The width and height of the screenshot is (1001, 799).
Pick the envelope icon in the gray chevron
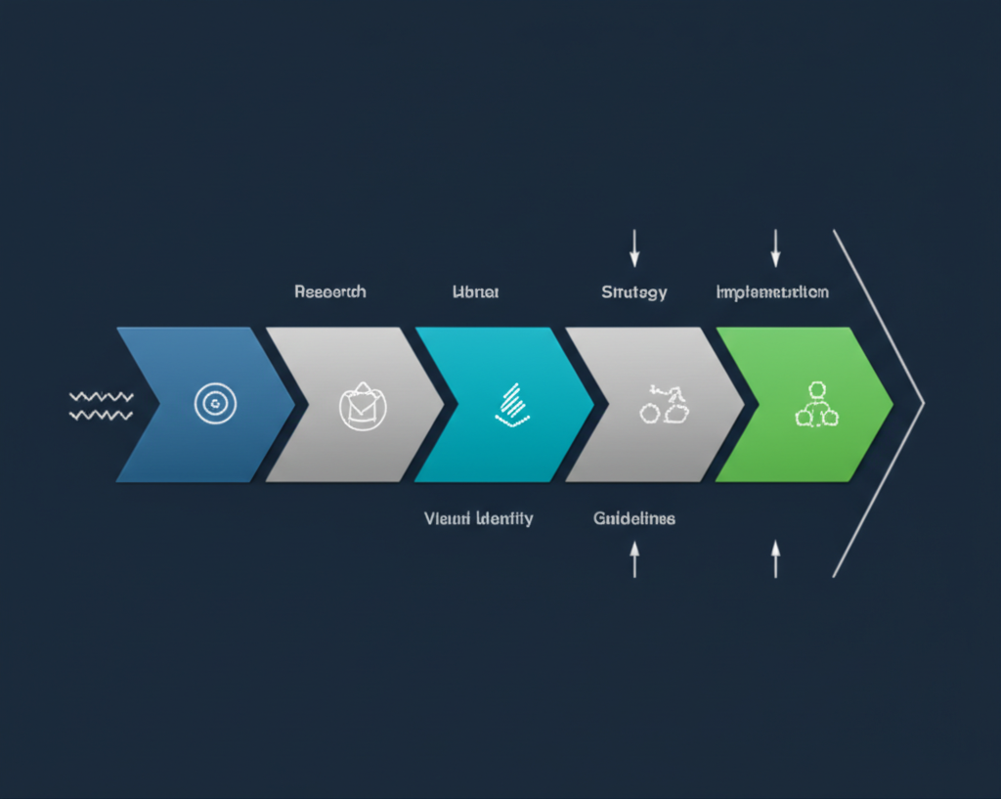[x=363, y=405]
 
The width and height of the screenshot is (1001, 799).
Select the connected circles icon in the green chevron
[x=817, y=404]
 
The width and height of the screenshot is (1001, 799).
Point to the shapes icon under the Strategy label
[x=664, y=405]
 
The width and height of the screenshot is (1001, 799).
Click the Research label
[x=330, y=292]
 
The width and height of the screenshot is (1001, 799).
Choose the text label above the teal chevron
[x=475, y=292]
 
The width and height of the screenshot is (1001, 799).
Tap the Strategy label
[x=634, y=292]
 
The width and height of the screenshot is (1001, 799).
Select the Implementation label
[x=772, y=292]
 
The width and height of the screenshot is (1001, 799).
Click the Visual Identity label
[x=479, y=518]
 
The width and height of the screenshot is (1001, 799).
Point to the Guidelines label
[x=634, y=518]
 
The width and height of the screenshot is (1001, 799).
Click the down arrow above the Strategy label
[x=634, y=248]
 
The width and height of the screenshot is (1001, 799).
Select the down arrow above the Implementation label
[x=775, y=248]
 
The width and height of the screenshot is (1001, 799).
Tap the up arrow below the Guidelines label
[x=634, y=559]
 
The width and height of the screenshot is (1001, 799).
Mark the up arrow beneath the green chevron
[x=775, y=559]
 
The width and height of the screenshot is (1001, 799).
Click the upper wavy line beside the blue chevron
[x=102, y=396]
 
